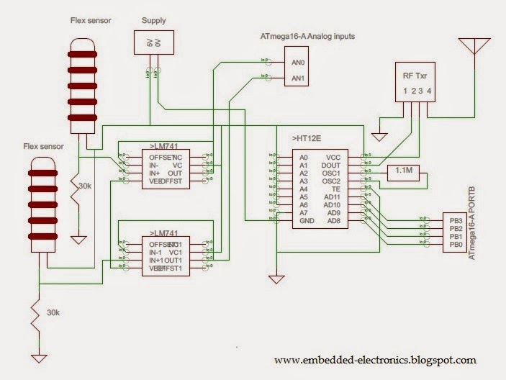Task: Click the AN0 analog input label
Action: tap(297, 63)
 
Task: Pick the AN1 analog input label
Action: tap(297, 78)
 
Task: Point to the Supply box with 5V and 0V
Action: tap(153, 42)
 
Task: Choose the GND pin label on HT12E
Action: tap(307, 222)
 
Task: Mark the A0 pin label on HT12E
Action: tap(304, 157)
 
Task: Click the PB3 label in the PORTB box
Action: tap(455, 221)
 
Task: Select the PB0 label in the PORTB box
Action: tap(455, 245)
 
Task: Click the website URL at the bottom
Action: tap(375, 361)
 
